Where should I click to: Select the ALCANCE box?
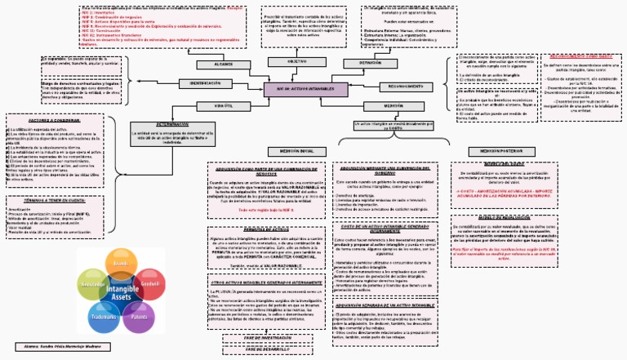[x=224, y=64]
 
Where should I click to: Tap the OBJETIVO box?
[x=298, y=61]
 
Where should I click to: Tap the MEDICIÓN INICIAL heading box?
[x=299, y=151]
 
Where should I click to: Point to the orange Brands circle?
[x=121, y=264]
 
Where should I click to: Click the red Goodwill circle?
[x=149, y=284]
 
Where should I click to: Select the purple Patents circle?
[x=138, y=315]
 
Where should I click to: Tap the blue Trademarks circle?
[x=104, y=315]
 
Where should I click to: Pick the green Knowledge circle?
[x=91, y=284]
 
